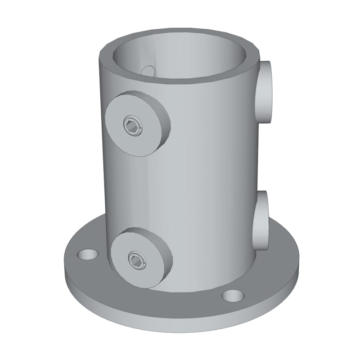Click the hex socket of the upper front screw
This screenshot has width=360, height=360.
(132, 125)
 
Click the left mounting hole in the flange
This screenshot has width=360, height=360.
(88, 254)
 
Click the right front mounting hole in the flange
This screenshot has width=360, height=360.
(233, 296)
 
